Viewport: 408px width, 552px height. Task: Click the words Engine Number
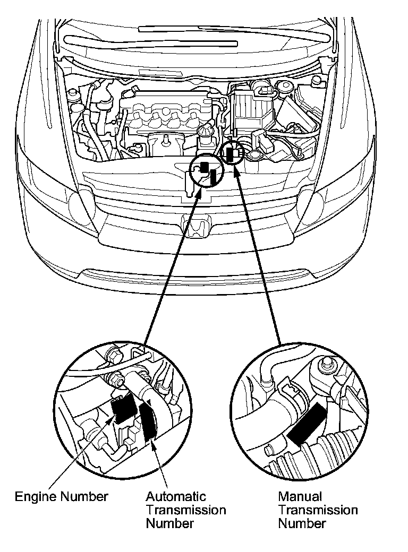click(61, 497)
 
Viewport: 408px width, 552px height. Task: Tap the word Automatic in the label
click(176, 497)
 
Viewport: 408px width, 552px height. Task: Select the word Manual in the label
click(300, 497)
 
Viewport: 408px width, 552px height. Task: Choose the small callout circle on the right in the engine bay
click(233, 154)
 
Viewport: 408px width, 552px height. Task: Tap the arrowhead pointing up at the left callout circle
click(199, 191)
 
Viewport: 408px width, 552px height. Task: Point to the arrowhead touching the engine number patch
click(112, 419)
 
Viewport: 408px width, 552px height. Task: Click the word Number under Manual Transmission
click(302, 523)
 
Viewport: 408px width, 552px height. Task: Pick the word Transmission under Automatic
click(186, 510)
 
